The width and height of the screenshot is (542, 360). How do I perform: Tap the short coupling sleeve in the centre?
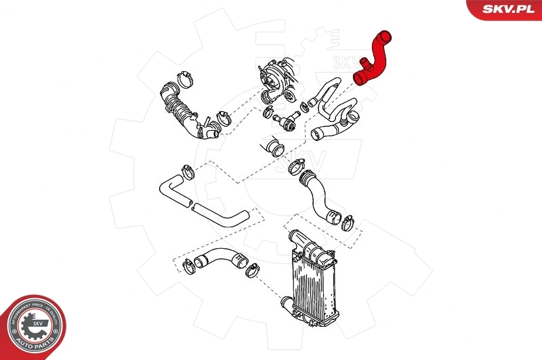(x=274, y=146)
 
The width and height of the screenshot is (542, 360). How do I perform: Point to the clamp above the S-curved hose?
(x=296, y=165)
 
